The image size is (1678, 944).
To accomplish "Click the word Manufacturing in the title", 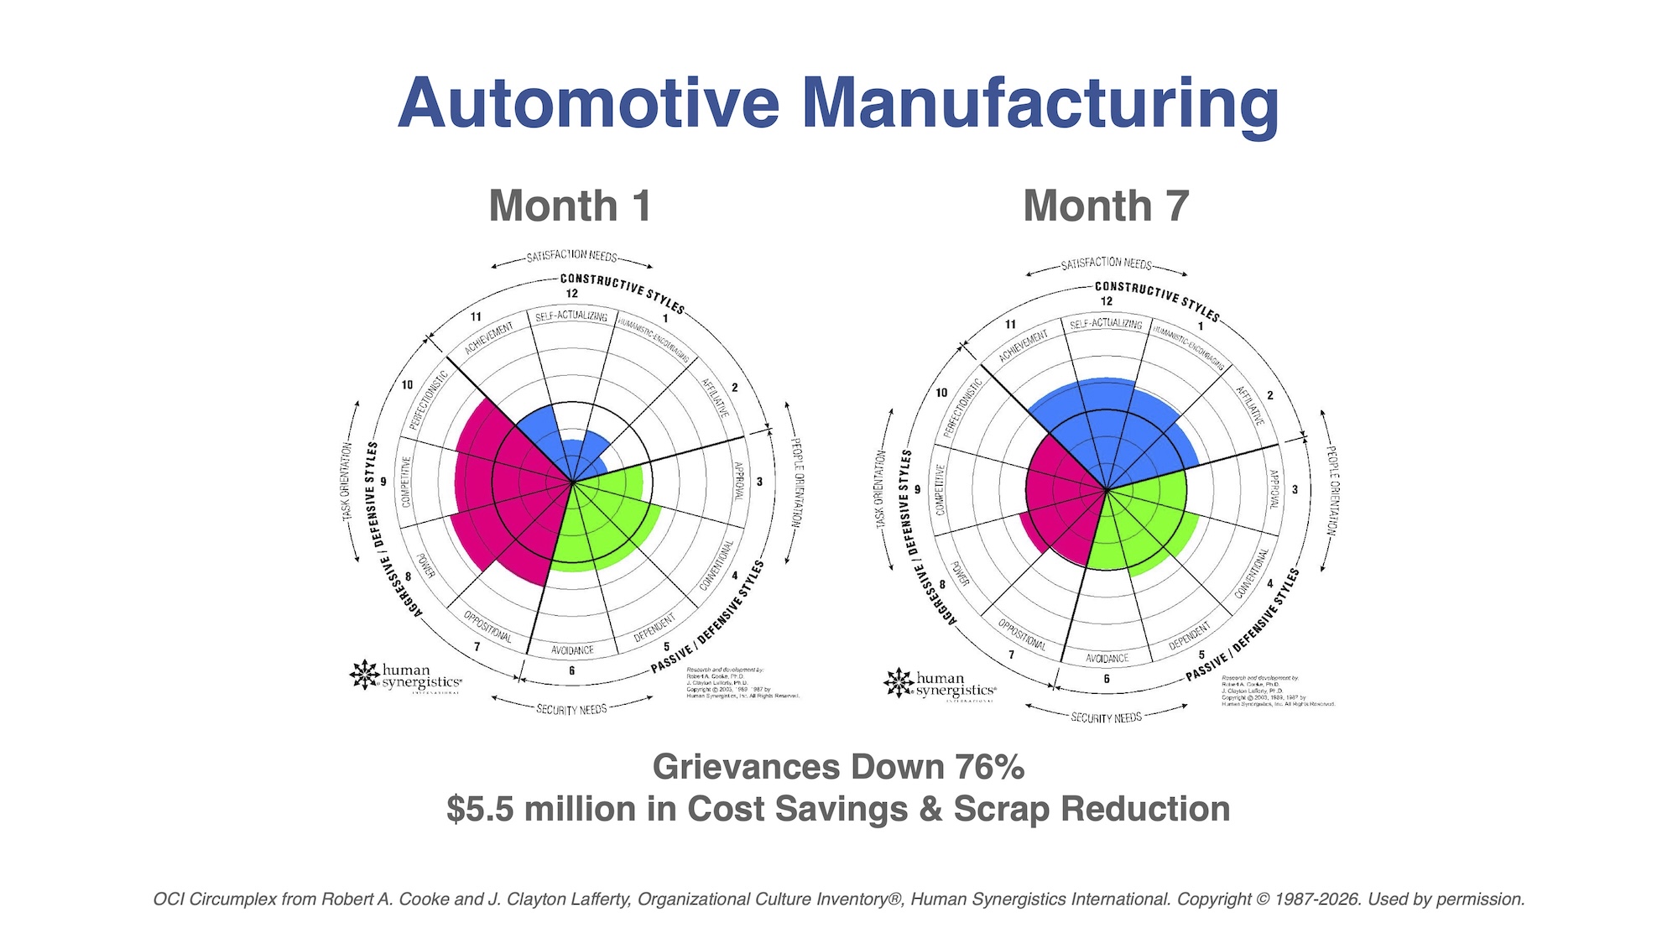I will [1040, 104].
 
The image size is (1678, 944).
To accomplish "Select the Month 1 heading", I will [570, 206].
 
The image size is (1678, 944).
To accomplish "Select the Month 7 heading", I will [1106, 206].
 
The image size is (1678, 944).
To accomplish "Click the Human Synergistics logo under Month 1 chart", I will [406, 676].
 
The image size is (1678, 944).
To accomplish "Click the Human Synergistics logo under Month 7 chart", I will [941, 685].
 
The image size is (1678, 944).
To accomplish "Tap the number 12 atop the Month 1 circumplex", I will [571, 294].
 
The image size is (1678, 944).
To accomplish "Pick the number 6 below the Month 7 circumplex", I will [1107, 679].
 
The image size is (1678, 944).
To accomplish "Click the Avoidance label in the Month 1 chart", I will [572, 650].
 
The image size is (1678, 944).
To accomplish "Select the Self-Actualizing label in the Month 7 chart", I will [1106, 324].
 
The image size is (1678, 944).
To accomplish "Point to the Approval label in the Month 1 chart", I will [739, 481].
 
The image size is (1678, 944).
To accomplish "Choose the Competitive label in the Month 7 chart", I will [940, 489].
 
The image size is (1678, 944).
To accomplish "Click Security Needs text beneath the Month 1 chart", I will [571, 710].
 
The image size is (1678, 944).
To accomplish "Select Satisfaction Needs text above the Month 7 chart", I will [1106, 263].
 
